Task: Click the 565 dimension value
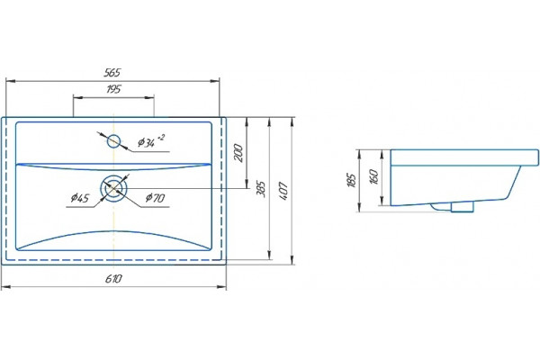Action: click(112, 72)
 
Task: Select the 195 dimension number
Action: click(113, 89)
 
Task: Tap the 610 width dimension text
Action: click(113, 278)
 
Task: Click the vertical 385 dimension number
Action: click(262, 189)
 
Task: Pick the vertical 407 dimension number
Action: click(283, 192)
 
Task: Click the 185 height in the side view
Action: click(352, 180)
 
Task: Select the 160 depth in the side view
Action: click(373, 176)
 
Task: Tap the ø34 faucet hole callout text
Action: click(147, 142)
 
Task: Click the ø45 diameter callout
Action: click(80, 198)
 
